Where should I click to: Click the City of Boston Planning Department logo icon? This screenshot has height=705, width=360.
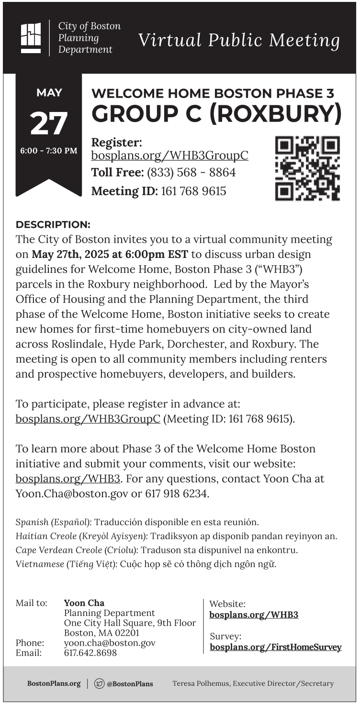pos(31,38)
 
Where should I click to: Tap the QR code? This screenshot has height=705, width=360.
pos(307,168)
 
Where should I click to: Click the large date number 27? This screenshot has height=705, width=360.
pos(49,123)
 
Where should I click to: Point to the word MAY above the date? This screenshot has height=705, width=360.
pos(49,93)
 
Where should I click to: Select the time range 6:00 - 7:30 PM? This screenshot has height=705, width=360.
pos(49,151)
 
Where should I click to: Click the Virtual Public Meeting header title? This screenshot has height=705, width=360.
pos(239,40)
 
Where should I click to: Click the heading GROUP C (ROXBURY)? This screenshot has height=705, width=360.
pos(216,113)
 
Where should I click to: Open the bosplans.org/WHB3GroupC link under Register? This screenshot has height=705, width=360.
pos(170,156)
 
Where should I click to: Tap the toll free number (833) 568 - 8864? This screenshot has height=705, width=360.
pos(191,172)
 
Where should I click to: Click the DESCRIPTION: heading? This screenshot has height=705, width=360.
pos(53,224)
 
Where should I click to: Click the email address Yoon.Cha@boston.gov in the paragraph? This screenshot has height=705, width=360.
pos(72,493)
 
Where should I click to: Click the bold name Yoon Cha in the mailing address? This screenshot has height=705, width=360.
pos(84,603)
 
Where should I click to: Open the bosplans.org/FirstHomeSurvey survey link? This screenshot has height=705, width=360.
pos(276,648)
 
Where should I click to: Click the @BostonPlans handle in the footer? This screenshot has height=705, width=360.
pos(130,684)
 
